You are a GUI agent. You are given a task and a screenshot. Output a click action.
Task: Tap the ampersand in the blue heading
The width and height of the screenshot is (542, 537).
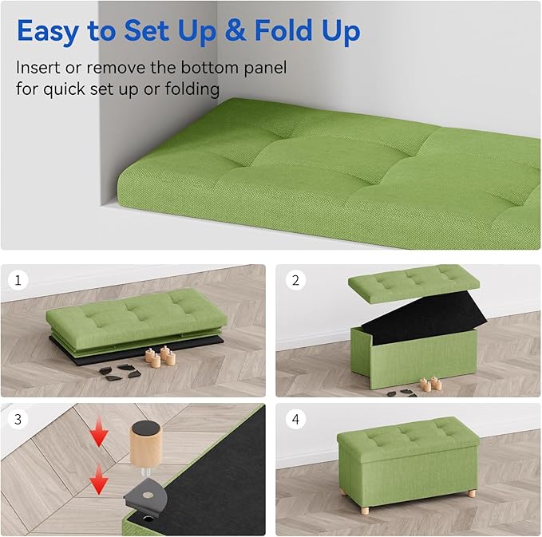[235, 32]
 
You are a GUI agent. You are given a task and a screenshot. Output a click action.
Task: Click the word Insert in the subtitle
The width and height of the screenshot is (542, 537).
[39, 69]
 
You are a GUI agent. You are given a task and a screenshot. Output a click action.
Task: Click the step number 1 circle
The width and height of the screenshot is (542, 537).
[18, 281]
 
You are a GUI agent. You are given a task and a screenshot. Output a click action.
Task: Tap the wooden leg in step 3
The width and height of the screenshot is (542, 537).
[145, 448]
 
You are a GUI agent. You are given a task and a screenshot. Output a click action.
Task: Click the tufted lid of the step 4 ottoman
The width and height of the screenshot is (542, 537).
[407, 435]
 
